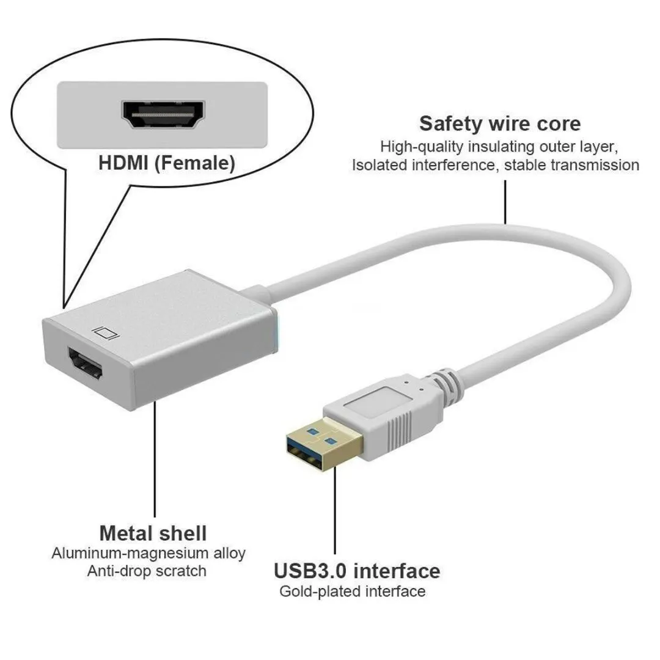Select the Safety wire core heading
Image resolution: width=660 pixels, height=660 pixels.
point(499,123)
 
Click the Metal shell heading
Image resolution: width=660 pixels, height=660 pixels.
point(153,532)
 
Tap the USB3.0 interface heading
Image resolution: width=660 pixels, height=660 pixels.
point(356,571)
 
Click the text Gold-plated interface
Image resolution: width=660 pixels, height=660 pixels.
point(352,592)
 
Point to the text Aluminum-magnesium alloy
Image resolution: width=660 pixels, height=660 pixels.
point(148,554)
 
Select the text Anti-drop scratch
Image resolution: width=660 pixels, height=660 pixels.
point(147,571)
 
